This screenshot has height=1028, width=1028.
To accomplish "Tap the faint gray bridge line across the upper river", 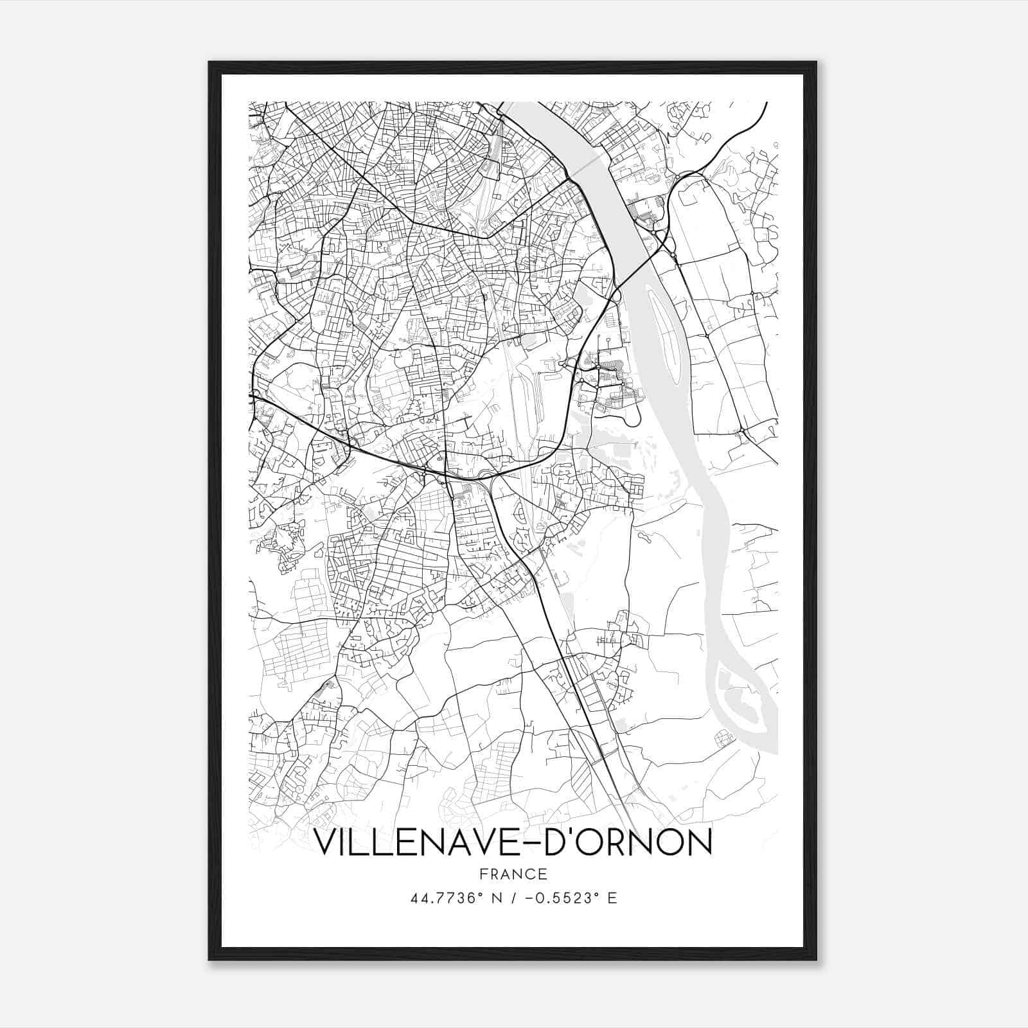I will point(588,165).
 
